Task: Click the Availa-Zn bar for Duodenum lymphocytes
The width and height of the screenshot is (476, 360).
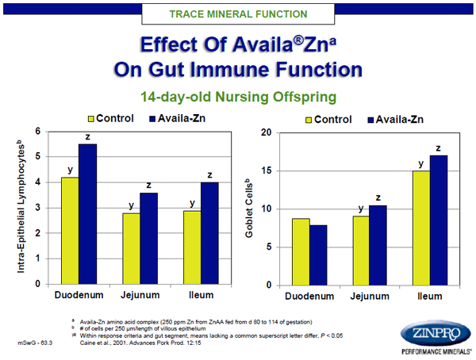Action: point(87,214)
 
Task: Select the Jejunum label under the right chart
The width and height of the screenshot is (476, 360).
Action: point(369,297)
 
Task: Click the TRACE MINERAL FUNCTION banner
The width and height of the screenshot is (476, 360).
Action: point(239,14)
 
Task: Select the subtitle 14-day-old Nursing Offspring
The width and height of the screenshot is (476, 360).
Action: point(239,98)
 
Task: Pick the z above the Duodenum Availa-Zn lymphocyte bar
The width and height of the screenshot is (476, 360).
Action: point(87,137)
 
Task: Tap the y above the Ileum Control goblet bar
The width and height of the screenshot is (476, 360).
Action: point(420,163)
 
